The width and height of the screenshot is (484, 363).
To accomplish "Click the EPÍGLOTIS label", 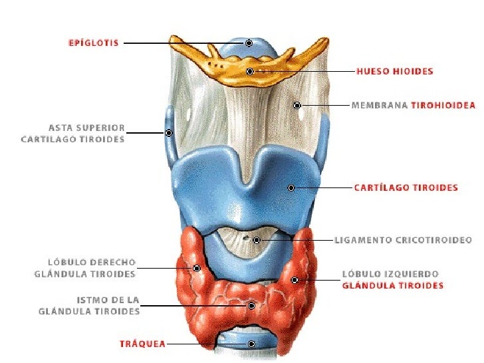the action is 94,43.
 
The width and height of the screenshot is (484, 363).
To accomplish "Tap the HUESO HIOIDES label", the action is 395,71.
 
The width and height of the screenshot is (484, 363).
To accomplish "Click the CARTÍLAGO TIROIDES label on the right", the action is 406,187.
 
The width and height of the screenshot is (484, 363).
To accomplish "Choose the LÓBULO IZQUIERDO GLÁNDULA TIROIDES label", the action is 392,279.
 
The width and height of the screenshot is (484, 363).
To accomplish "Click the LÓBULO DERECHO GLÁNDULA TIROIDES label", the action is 84,268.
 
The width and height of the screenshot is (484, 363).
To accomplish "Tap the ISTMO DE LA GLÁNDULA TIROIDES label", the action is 90,305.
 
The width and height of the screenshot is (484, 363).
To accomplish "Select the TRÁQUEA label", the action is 142,344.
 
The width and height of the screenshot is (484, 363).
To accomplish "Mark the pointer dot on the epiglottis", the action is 249,43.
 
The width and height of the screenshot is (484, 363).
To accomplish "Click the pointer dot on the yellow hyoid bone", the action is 250,71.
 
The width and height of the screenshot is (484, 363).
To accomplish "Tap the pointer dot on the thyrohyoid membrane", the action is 297,105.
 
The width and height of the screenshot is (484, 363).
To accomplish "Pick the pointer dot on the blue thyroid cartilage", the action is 291,188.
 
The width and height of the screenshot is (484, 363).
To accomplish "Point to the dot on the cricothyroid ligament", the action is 257,239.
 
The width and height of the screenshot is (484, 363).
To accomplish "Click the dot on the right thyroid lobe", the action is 197,269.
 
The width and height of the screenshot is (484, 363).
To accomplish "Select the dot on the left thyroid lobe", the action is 295,280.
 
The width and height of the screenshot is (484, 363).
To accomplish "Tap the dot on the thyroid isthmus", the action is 251,306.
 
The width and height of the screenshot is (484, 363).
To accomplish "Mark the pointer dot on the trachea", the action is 251,344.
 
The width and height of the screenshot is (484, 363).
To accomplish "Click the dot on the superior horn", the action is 169,133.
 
